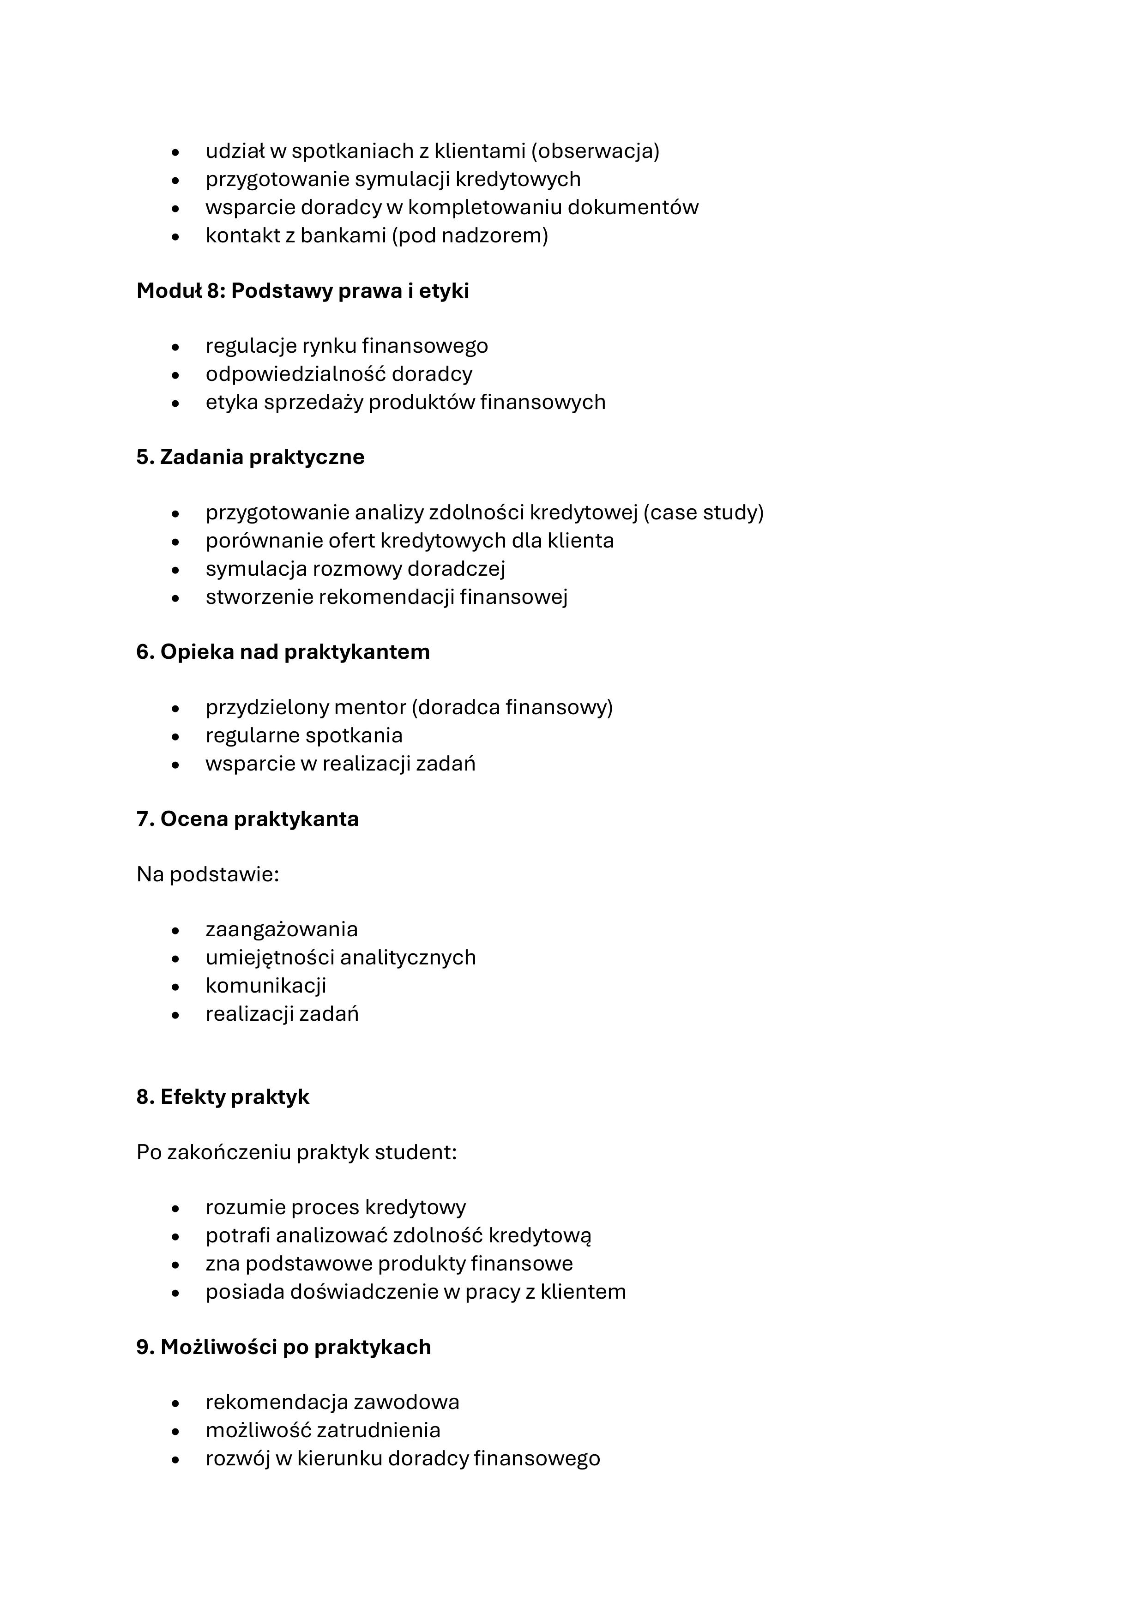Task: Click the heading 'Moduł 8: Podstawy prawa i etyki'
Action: pos(303,291)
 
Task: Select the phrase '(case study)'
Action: pos(703,512)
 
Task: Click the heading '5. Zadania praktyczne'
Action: pos(250,457)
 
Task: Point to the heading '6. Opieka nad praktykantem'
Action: pos(283,651)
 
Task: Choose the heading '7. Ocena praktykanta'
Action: pos(247,819)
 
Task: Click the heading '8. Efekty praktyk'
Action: pos(223,1096)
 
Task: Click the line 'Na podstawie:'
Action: pos(208,874)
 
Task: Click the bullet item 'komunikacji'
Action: pos(266,985)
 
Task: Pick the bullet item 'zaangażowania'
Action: pos(282,929)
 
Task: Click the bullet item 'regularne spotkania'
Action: pos(304,735)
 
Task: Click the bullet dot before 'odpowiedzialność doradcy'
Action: pos(175,375)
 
